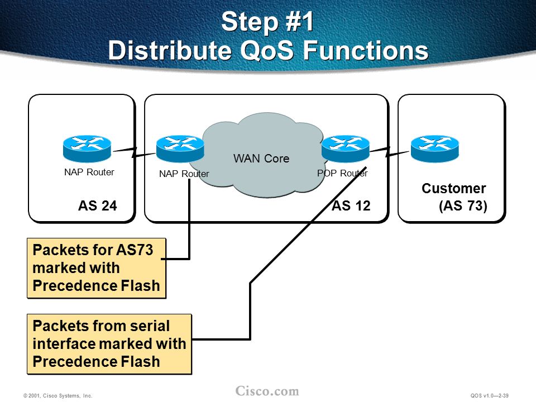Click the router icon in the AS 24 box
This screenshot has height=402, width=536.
pos(87,149)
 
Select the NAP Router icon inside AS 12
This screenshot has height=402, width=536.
pos(180,149)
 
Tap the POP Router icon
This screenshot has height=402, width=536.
pos(346,149)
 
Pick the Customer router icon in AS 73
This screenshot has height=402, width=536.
pos(435,149)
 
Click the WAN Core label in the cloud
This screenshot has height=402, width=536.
pos(261,158)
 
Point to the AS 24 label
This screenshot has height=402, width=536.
pos(98,206)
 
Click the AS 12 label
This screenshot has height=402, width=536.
pos(351,206)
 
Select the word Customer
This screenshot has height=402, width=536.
pos(453,188)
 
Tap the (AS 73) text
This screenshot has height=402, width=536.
pos(463,206)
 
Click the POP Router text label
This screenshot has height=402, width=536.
pos(342,173)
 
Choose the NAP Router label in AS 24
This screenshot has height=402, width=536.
pos(89,172)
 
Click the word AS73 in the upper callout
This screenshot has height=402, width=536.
pos(135,250)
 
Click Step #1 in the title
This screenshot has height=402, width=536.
pos(267,22)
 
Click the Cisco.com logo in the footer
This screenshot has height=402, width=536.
pos(267,391)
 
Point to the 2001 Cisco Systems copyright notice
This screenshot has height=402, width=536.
pos(58,395)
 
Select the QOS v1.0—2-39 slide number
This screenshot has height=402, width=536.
pos(490,395)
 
